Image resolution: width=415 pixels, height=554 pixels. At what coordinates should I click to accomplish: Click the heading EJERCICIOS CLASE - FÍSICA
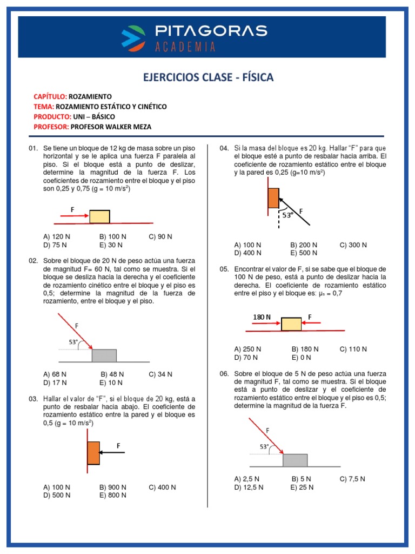point(208,77)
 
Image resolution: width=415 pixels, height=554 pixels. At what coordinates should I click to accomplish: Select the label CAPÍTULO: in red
point(50,96)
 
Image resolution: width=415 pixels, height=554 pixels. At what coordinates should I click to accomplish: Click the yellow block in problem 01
point(99,216)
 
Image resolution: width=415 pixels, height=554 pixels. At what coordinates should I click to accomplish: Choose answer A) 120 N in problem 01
point(56,237)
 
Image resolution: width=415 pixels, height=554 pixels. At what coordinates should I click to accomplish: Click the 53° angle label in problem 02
point(73,342)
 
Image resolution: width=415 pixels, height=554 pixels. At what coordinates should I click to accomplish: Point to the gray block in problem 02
point(104,355)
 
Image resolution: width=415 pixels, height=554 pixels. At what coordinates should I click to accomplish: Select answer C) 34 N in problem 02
point(160,374)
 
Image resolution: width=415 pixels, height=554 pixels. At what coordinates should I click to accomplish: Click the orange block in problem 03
point(93,453)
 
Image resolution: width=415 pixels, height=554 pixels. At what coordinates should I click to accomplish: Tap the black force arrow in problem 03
point(113,453)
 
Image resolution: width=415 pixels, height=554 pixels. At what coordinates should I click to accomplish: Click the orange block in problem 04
point(273,198)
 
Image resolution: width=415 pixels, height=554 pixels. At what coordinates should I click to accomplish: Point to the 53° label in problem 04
point(287,215)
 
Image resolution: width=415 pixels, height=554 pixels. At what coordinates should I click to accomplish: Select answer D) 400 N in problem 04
point(247,253)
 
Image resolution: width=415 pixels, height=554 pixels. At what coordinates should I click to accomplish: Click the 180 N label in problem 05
point(262,316)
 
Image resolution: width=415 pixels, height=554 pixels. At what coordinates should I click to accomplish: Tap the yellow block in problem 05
point(291,324)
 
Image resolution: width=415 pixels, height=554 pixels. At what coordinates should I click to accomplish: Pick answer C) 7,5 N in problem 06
point(352,479)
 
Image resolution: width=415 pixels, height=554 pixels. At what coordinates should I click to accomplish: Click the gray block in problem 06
point(295,460)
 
